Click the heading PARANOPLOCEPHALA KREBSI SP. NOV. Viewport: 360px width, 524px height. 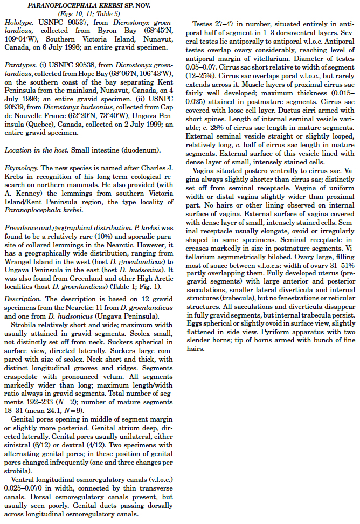pos(89,5)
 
